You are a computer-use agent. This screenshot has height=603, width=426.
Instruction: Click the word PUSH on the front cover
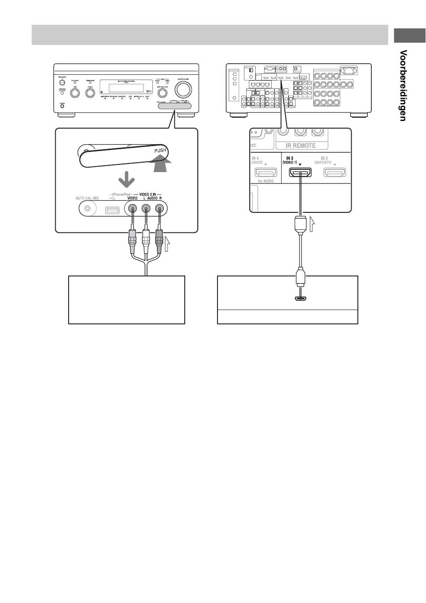(160, 151)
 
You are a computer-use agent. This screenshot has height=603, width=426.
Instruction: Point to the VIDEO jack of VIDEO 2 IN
(132, 208)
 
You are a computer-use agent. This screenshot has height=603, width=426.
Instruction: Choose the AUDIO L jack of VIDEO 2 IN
(145, 208)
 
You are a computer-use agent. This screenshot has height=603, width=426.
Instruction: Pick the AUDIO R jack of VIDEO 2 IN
(159, 208)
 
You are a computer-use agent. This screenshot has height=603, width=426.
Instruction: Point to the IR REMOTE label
(301, 146)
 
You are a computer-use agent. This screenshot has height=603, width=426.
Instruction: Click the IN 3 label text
(289, 158)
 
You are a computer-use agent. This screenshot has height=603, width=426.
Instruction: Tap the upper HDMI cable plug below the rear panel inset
(300, 223)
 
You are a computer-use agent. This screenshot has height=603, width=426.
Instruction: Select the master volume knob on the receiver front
(183, 90)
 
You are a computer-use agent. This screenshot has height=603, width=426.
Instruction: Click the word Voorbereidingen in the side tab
(404, 85)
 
